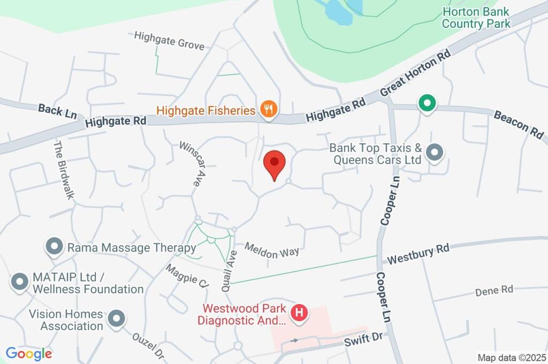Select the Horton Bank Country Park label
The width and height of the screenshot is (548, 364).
point(476,18)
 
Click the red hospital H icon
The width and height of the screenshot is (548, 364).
point(300,312)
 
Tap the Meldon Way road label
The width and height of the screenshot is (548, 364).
point(271,251)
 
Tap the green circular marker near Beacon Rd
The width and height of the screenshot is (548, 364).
point(427,103)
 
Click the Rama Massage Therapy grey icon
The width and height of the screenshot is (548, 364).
point(54,247)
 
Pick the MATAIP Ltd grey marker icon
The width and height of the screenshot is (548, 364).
point(20,282)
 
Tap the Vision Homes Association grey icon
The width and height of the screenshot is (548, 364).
point(116,320)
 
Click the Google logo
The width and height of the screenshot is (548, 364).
point(29,353)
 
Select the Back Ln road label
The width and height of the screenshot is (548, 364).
point(57,111)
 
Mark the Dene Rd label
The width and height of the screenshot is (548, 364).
point(494,290)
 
